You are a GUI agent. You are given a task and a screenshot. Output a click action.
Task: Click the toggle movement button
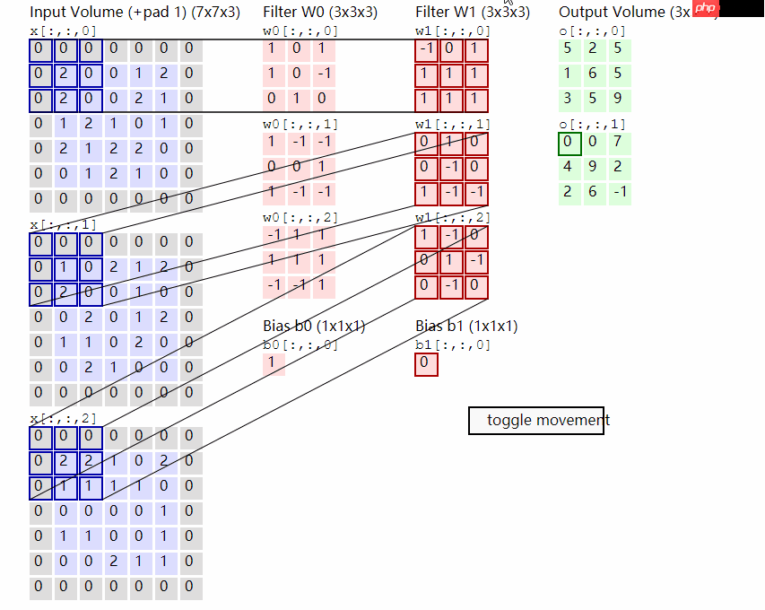click(536, 420)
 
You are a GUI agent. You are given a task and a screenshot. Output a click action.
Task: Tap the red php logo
click(707, 10)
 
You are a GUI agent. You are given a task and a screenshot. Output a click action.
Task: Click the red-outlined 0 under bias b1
click(426, 364)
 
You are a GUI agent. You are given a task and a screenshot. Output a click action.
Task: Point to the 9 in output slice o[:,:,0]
click(618, 98)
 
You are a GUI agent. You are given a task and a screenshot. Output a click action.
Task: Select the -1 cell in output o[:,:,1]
click(618, 191)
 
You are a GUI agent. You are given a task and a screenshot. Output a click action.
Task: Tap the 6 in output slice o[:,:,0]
click(593, 74)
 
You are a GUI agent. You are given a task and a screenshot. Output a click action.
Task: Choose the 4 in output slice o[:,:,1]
click(568, 167)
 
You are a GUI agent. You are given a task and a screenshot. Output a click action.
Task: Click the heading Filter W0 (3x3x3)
click(319, 13)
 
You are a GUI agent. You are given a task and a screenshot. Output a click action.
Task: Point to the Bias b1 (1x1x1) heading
click(465, 327)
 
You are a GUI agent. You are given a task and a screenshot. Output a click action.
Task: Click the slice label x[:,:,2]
click(63, 419)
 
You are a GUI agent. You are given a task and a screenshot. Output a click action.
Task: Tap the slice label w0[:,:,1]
click(300, 124)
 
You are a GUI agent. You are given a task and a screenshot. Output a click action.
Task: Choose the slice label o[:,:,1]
click(592, 124)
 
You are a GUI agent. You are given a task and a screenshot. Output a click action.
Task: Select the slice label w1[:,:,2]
click(453, 217)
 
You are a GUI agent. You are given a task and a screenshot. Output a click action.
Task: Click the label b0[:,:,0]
click(300, 345)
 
